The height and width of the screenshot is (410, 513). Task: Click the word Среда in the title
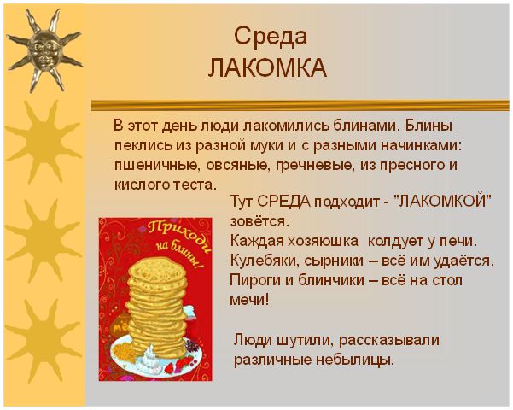[271, 37]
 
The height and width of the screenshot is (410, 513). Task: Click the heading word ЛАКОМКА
[268, 68]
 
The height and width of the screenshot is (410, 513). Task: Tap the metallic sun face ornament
[45, 50]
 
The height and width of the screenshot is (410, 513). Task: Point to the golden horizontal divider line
[300, 105]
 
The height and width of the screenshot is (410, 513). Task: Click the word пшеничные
[157, 166]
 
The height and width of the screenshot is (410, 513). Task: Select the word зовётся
[260, 221]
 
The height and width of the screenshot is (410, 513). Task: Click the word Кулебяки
[265, 261]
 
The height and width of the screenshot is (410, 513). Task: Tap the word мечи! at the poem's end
[249, 300]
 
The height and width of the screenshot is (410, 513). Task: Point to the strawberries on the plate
[181, 364]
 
